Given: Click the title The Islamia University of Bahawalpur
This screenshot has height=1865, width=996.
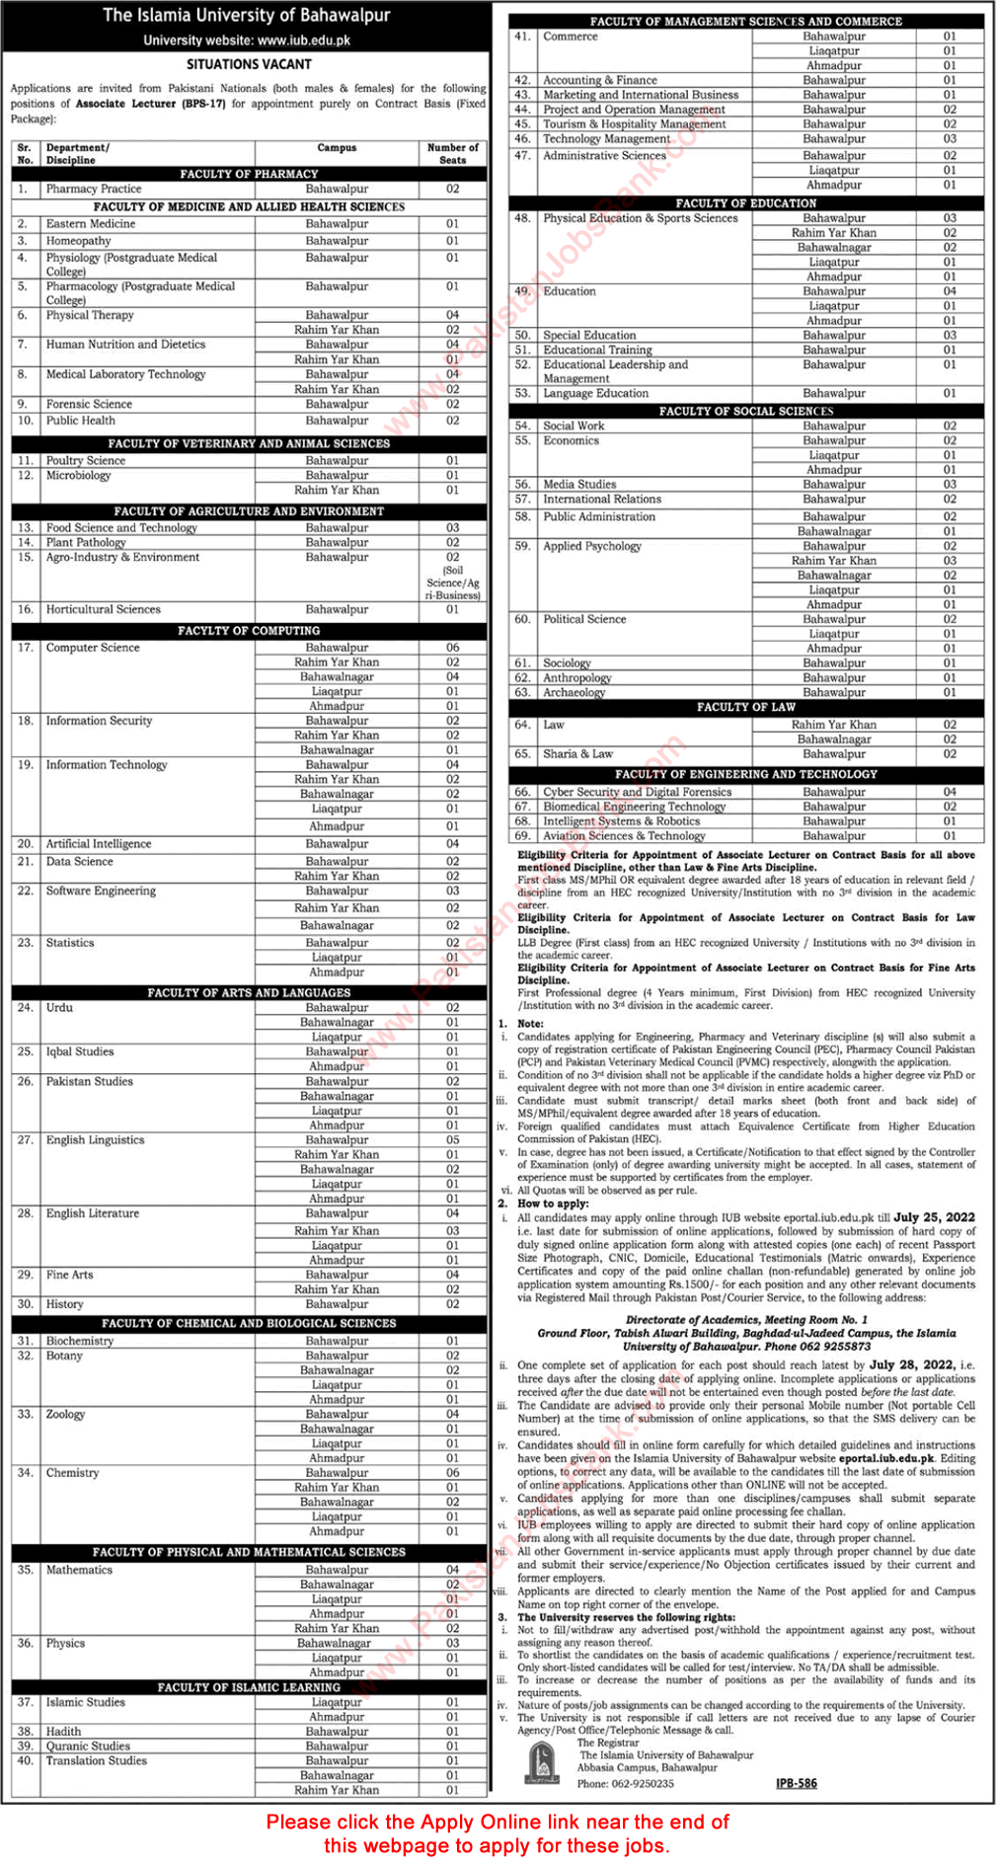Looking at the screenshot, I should tap(247, 16).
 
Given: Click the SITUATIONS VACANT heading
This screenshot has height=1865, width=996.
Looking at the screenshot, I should tap(249, 64).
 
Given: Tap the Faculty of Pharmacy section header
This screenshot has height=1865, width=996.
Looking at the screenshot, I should tap(249, 174).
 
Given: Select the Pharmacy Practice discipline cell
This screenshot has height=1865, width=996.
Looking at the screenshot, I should tap(94, 189).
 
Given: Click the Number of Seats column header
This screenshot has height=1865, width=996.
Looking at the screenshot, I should tap(452, 153).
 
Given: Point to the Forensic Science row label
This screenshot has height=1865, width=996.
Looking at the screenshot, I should tap(89, 404).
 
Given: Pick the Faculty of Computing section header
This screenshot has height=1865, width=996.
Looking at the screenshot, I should tap(249, 630).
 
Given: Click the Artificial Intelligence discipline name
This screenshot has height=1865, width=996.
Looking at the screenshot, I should tap(99, 844).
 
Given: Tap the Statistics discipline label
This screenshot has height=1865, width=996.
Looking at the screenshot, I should tap(70, 943).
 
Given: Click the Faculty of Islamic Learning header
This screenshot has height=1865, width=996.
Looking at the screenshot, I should tap(249, 1687).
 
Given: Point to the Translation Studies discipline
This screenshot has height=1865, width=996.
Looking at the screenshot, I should tap(97, 1760).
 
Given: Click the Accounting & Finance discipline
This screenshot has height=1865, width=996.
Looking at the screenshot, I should tap(600, 80).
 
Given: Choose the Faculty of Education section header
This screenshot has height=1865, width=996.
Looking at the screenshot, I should tap(746, 203).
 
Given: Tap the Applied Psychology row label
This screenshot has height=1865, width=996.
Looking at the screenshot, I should tap(592, 546).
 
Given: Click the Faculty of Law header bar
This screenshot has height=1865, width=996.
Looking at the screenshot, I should tap(746, 707).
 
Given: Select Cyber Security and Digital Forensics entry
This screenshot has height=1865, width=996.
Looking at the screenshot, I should tap(638, 792).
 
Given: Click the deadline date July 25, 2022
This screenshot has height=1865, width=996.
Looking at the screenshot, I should tap(934, 1217).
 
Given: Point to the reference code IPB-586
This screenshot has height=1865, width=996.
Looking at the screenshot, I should tap(797, 1783).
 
